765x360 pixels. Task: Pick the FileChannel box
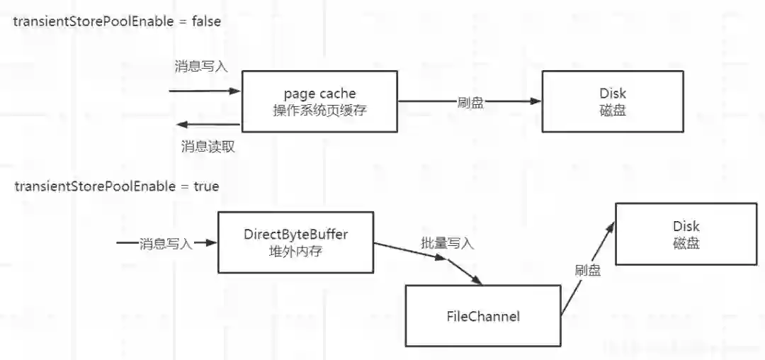tap(482, 316)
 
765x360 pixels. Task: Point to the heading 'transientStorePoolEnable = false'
tap(117, 21)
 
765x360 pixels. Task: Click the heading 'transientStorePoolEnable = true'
tap(117, 187)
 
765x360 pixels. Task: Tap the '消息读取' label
tap(208, 147)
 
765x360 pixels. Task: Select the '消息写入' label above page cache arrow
tap(201, 67)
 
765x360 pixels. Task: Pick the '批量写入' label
tap(447, 244)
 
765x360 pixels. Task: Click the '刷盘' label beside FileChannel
tap(587, 270)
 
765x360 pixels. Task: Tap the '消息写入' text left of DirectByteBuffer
tap(166, 243)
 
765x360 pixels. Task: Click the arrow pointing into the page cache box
tap(205, 91)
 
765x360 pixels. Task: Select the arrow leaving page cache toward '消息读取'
tap(208, 125)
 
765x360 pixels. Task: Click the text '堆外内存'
tap(295, 251)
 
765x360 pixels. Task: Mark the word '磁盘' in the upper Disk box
tap(613, 111)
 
